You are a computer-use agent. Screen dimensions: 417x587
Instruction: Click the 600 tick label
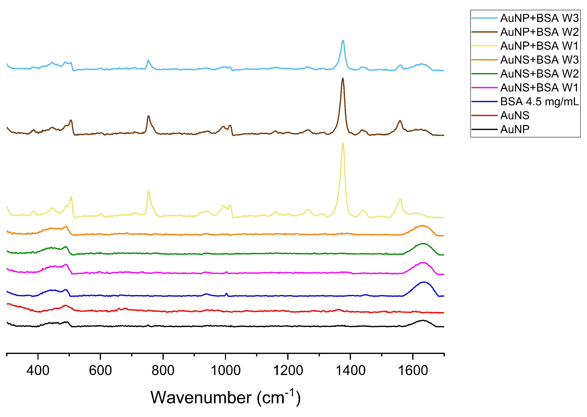pos(100,371)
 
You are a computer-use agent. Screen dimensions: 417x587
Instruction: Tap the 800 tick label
pos(163,371)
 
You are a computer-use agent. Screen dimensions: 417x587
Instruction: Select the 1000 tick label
pos(225,371)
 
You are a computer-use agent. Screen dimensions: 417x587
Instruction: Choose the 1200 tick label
pos(288,371)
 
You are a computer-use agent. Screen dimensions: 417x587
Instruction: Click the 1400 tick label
pos(350,371)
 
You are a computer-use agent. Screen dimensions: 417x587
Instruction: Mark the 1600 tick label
pos(413,371)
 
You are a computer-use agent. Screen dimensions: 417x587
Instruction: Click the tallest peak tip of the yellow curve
pos(343,143)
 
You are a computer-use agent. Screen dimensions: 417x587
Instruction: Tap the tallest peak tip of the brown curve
pos(343,78)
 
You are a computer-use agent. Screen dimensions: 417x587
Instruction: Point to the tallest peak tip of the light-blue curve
pos(343,41)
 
